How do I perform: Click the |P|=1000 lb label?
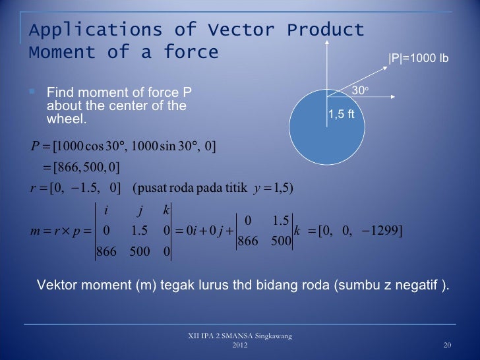[418, 59]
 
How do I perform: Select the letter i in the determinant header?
[107, 211]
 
